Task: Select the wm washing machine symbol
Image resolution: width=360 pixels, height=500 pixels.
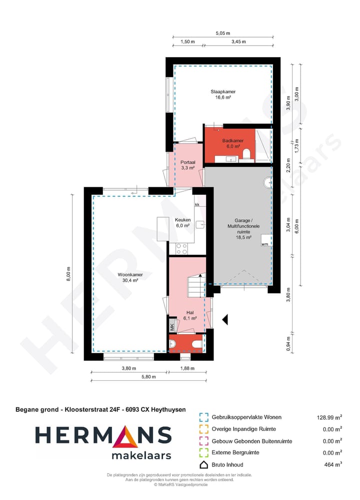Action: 264,244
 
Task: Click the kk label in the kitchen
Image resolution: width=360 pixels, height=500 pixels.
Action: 197,205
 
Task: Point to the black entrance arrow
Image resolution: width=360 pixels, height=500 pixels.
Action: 225,318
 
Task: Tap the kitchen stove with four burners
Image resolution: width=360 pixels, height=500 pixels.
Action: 181,248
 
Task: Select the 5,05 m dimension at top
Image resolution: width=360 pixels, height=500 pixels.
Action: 222,34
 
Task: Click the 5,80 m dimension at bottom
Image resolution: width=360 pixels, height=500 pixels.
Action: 148,377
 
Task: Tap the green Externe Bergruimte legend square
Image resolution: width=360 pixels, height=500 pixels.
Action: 203,453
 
